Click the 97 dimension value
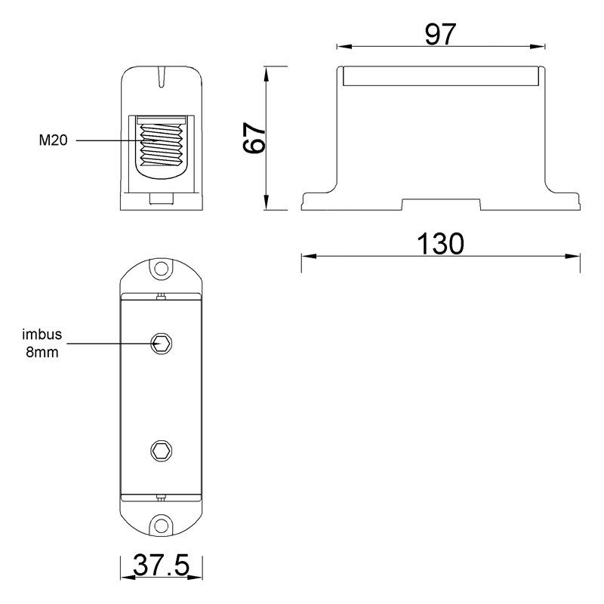tap(440, 34)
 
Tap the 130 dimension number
tap(441, 244)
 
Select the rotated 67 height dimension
tap(254, 138)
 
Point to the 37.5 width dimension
tap(162, 565)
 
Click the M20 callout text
tap(53, 140)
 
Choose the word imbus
tap(42, 334)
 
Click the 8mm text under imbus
tap(42, 352)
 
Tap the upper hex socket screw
tap(161, 343)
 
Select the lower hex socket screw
tap(161, 450)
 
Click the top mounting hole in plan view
tap(162, 269)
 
